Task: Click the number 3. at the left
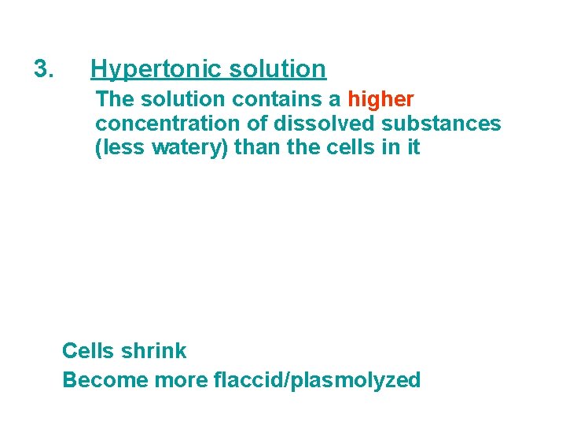(x=44, y=69)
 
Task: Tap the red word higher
(x=380, y=100)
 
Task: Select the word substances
(x=441, y=124)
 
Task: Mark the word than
(x=251, y=147)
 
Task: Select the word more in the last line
(x=181, y=380)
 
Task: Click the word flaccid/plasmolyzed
(x=317, y=381)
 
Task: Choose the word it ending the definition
(x=413, y=147)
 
